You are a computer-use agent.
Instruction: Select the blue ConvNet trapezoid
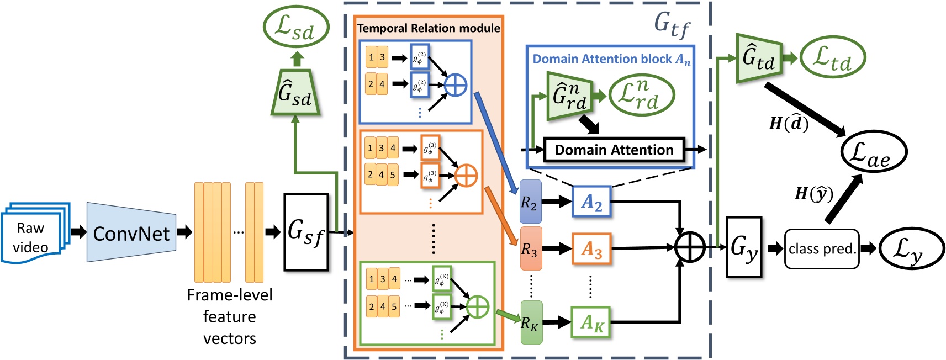point(131,232)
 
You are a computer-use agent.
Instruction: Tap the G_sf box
point(306,232)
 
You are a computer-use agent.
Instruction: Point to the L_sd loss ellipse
point(296,27)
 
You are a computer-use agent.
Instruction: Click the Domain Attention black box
point(614,150)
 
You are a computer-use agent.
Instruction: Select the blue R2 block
point(530,202)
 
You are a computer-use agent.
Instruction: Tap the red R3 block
point(530,248)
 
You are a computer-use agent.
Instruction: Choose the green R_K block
point(531,322)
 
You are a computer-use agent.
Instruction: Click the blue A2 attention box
point(591,202)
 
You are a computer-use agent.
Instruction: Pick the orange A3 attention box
point(591,249)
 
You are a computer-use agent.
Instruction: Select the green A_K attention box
point(591,322)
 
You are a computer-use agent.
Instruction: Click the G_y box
point(743,247)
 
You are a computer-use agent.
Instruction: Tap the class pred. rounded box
point(821,249)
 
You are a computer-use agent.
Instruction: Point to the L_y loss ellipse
point(911,248)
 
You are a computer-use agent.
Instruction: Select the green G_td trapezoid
point(758,59)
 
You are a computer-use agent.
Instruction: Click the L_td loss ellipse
point(832,57)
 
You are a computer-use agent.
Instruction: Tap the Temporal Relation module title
point(428,28)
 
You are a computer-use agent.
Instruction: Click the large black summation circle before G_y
point(689,247)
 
